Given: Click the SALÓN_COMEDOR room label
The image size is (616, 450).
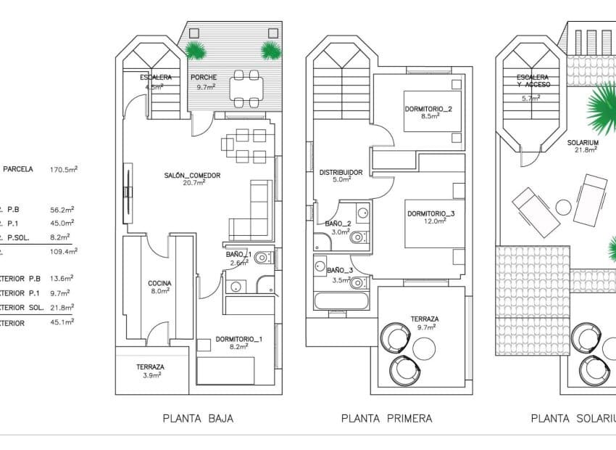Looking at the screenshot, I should (191, 176).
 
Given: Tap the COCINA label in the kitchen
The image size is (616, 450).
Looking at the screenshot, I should (159, 284).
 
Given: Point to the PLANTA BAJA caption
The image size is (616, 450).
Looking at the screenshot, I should (198, 418).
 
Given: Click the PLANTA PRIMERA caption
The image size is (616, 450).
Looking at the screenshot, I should (386, 418).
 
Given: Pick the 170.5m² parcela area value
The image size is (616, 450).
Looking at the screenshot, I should (64, 169).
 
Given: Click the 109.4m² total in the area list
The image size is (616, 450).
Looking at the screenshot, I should (64, 250).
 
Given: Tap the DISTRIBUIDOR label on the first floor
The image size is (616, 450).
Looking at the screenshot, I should (341, 173).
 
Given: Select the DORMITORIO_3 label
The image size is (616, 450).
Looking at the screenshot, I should (430, 214).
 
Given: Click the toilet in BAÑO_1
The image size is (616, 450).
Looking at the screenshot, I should (265, 257).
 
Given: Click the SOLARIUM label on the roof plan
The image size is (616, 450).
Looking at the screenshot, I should (583, 144).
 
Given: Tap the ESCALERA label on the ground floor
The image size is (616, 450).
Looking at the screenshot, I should (157, 78).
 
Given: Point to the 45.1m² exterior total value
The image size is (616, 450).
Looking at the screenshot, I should (64, 322).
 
